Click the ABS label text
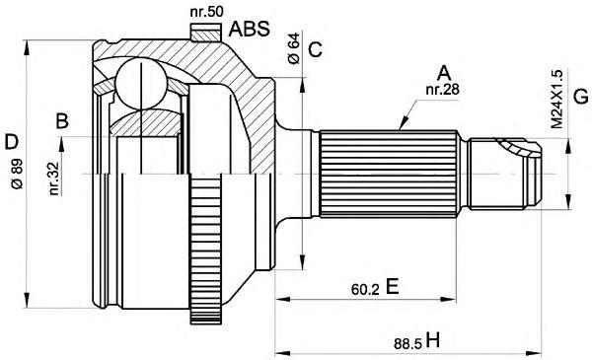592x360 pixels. [x=250, y=29]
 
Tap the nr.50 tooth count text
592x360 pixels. [x=206, y=12]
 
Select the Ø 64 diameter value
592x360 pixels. [x=293, y=48]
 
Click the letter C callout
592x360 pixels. [x=315, y=49]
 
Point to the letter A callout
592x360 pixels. [x=444, y=74]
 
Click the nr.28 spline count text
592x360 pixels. [x=442, y=90]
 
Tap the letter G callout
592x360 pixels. [x=580, y=96]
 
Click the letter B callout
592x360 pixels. [x=62, y=121]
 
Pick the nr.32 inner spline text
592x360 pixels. [x=54, y=179]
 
